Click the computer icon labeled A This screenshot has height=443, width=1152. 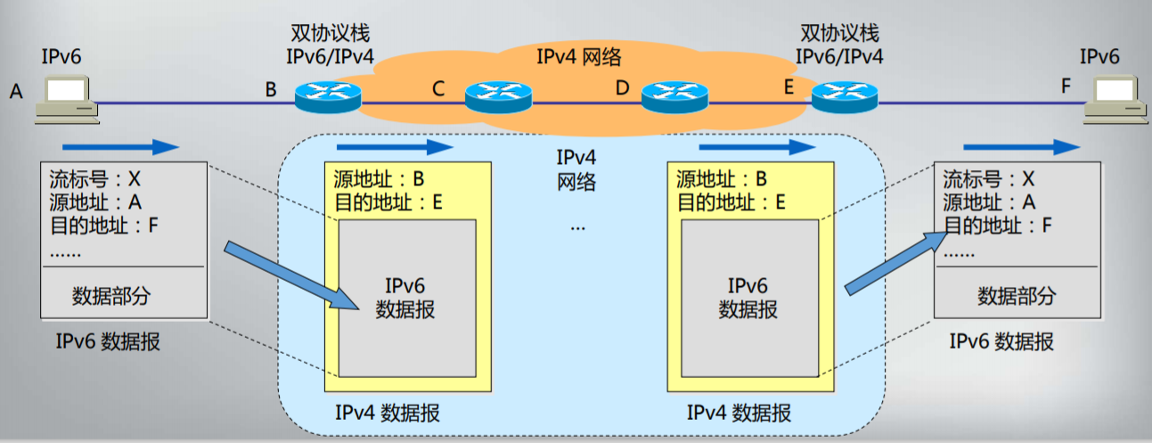(64, 98)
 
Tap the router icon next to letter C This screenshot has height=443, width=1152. (497, 94)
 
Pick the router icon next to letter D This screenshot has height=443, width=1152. (674, 94)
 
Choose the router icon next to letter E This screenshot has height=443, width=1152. (844, 94)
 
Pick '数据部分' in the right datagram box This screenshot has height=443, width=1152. (1016, 296)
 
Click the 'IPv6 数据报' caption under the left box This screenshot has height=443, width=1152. (108, 341)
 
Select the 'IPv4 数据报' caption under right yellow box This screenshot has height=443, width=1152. (739, 414)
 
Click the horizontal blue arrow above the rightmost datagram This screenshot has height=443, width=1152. (1022, 147)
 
